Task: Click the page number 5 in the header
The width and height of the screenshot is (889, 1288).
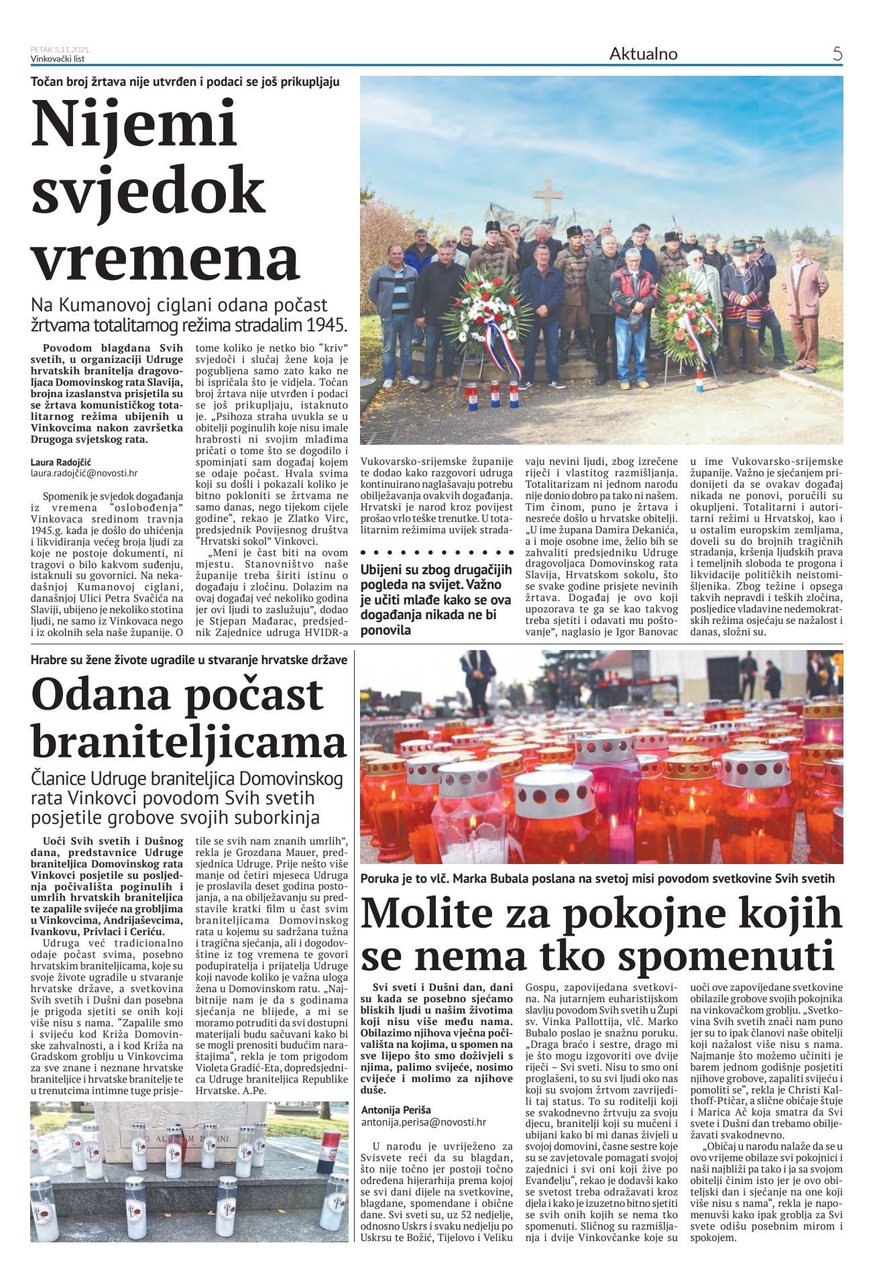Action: (x=837, y=54)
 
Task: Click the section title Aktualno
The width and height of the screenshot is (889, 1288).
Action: (x=643, y=54)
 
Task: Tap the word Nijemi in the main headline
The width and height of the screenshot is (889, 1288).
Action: (x=134, y=124)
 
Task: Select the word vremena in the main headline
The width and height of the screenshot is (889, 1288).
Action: (x=165, y=258)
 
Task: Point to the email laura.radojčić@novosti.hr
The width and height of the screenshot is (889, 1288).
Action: (x=84, y=473)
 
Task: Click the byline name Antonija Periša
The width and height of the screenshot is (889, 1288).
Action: (x=396, y=1110)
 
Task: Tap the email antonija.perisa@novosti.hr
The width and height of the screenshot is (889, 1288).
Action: (x=423, y=1122)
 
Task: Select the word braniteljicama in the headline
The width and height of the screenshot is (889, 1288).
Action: (x=188, y=743)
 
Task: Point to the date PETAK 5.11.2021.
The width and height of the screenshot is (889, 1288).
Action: (x=60, y=50)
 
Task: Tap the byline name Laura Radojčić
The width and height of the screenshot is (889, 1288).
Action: (x=61, y=462)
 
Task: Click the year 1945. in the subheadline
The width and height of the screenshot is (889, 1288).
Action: (x=324, y=325)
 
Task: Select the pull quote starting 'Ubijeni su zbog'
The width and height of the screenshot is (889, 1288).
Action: (x=436, y=600)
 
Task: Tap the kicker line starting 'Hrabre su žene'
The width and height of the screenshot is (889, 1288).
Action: (x=188, y=659)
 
